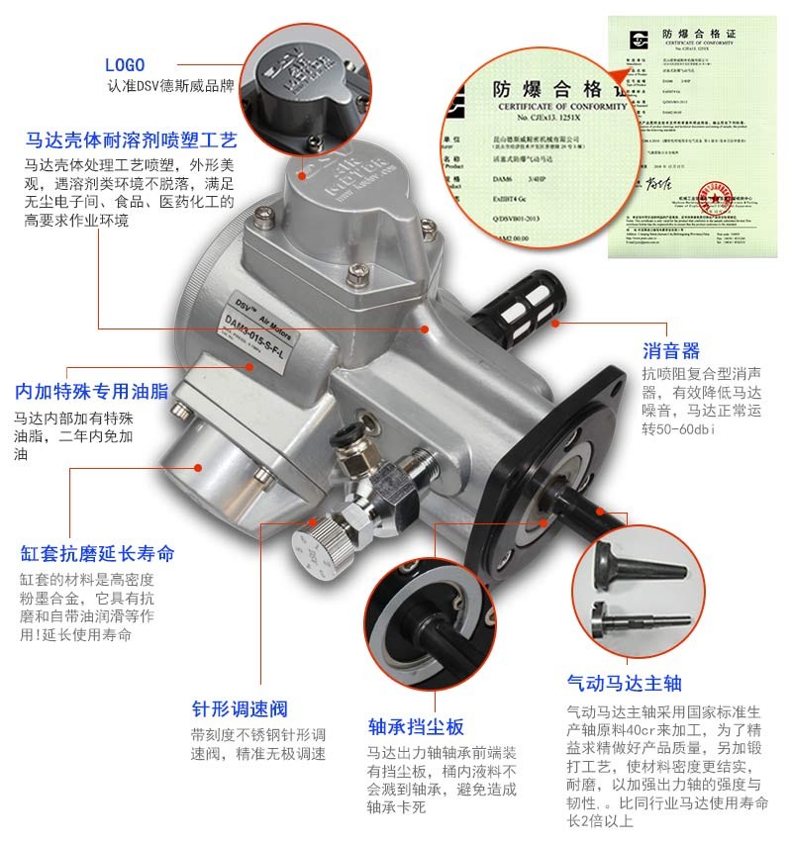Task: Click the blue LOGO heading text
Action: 125,65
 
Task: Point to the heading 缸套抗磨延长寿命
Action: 97,552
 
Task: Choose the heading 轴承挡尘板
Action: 415,723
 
